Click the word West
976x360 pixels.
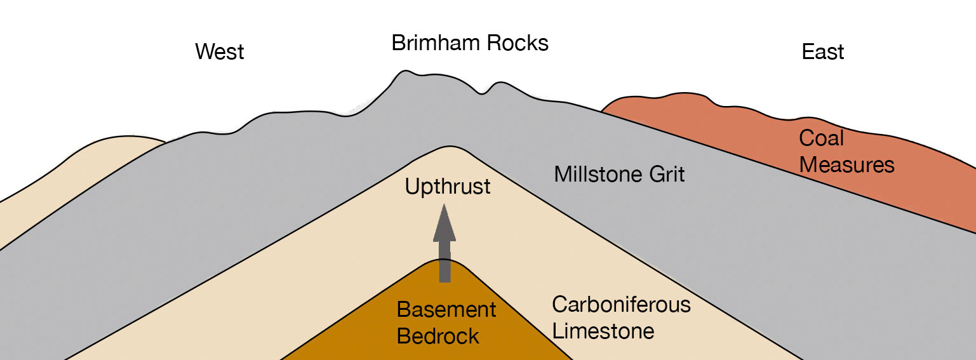coord(219,51)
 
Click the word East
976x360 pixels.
coord(822,51)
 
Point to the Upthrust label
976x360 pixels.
coord(448,187)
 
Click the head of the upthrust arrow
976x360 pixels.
coord(445,222)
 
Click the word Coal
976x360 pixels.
coord(821,138)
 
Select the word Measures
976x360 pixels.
coord(846,164)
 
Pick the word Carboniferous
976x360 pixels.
coord(620,305)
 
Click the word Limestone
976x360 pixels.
coord(603,331)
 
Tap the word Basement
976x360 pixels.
coord(446,310)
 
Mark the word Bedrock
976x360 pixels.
coord(438,336)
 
